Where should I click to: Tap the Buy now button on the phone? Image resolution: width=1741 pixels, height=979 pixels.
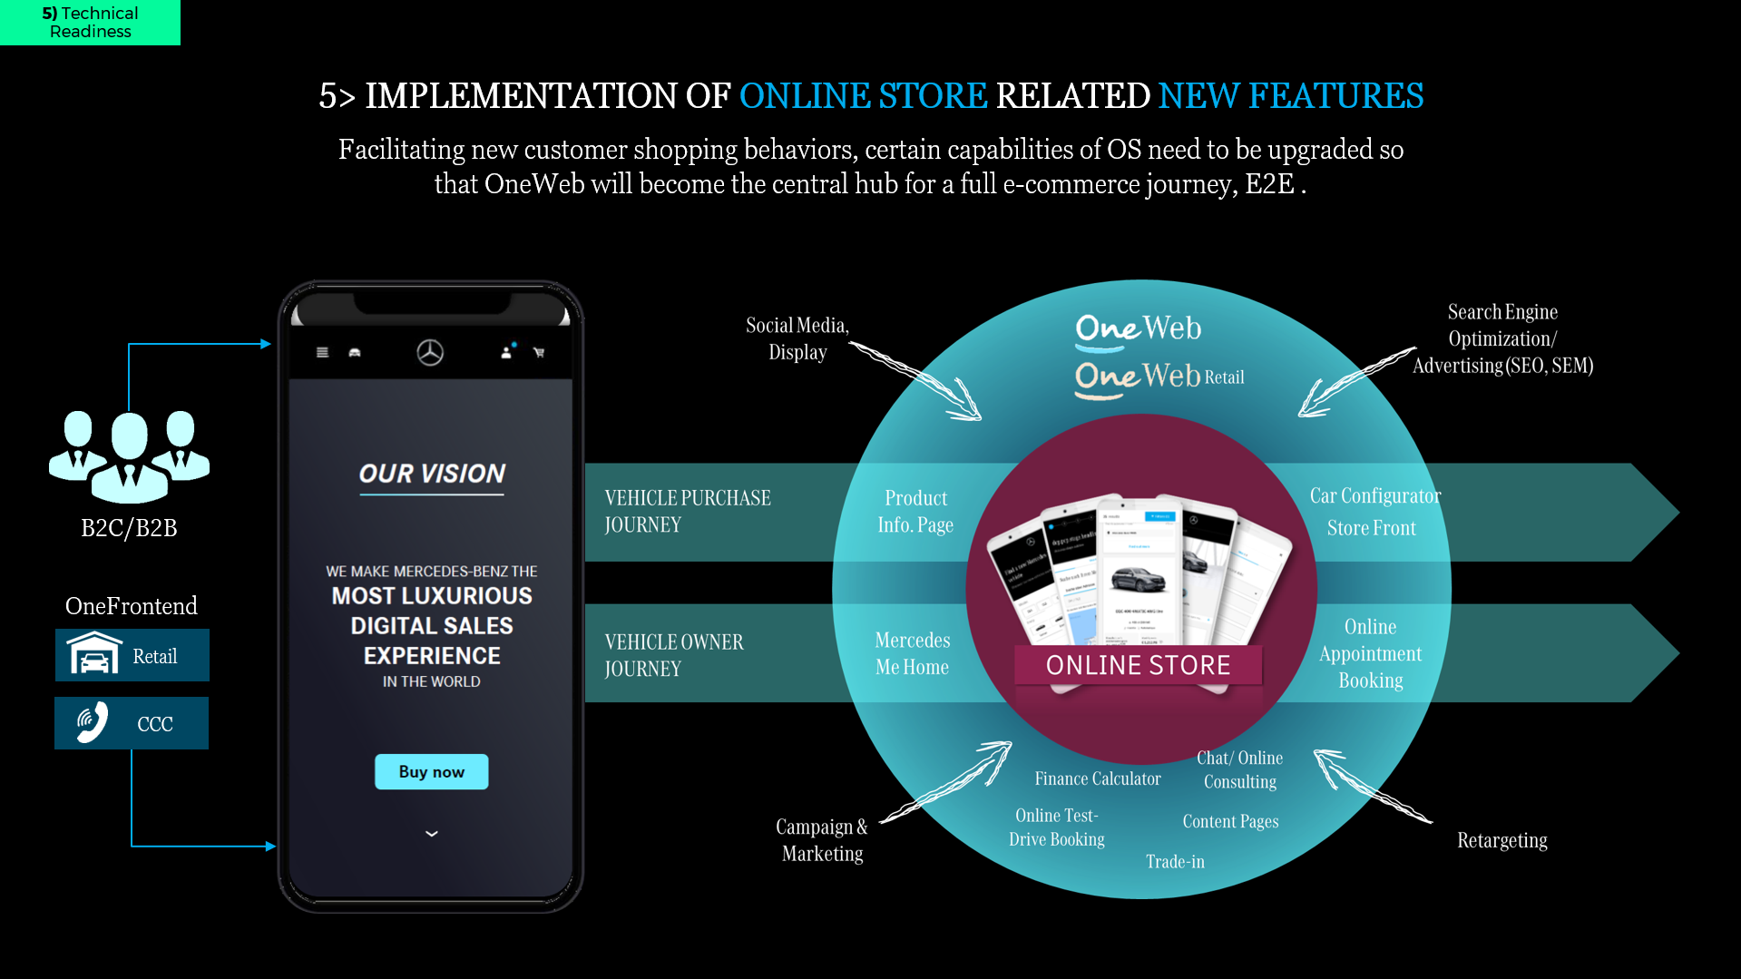(431, 771)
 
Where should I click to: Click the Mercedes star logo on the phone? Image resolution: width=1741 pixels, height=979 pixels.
(430, 352)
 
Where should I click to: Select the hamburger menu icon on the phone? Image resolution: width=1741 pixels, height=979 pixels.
(322, 352)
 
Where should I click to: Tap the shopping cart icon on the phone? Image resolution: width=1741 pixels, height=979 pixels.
(539, 352)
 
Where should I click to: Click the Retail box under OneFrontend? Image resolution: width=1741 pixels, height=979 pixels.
(132, 655)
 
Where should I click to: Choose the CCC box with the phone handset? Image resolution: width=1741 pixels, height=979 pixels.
(132, 723)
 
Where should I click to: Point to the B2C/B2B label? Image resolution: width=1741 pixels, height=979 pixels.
(129, 527)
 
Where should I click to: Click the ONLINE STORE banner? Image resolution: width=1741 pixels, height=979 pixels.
(1138, 665)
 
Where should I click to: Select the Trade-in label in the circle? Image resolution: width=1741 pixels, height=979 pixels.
(1175, 861)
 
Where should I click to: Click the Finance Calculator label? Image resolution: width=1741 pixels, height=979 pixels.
(1097, 778)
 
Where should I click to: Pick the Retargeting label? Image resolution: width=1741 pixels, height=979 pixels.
(1501, 840)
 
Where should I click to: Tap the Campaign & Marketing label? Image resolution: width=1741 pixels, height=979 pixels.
(822, 840)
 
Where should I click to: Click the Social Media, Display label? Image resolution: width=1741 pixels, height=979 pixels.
(797, 338)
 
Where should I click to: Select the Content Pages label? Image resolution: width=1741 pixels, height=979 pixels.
(1230, 821)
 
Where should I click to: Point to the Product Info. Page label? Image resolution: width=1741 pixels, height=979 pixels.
(915, 511)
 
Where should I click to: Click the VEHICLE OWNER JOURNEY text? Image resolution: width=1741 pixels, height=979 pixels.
(674, 655)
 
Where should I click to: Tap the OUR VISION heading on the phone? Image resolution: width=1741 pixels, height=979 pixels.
(432, 474)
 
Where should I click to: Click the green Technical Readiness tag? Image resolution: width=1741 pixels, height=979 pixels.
(90, 22)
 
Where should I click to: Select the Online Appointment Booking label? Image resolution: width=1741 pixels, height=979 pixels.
(1370, 653)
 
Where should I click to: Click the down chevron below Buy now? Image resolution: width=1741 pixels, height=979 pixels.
(432, 833)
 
